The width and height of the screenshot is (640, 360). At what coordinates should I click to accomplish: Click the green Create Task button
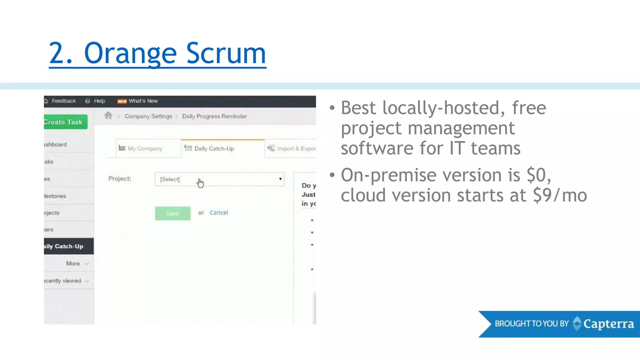point(65,122)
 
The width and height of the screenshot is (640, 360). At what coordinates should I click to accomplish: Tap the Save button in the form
point(172,213)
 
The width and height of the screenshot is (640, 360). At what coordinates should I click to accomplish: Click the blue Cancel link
point(219,213)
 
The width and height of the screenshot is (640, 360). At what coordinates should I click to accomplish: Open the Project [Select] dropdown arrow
point(280,179)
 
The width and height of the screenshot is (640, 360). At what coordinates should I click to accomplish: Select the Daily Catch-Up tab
point(214,149)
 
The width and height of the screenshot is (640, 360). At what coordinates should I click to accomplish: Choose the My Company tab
point(145,149)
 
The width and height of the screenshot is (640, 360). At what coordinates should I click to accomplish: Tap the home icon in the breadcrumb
point(108,116)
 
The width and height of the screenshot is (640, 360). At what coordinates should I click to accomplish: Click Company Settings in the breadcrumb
point(148,116)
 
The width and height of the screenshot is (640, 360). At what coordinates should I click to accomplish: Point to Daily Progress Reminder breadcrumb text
point(214,116)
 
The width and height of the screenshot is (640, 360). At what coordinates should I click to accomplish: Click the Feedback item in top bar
point(63,101)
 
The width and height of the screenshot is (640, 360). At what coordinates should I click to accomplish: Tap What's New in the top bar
point(143,101)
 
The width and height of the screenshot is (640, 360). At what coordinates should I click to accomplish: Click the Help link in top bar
point(99,101)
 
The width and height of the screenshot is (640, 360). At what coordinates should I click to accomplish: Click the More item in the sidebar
point(73,263)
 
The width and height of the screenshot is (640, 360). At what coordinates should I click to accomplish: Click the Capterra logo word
point(608,324)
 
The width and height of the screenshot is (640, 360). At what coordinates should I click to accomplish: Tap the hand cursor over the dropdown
point(200,183)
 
